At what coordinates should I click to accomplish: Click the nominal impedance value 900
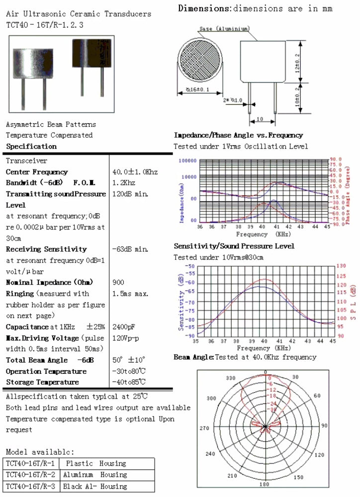pyautogui.click(x=118, y=282)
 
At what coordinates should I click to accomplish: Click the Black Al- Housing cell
pyautogui.click(x=94, y=486)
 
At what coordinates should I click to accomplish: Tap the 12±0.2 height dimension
pyautogui.click(x=297, y=63)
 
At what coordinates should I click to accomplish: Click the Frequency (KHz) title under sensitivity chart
pyautogui.click(x=264, y=348)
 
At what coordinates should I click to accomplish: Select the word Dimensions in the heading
pyautogui.click(x=204, y=8)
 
